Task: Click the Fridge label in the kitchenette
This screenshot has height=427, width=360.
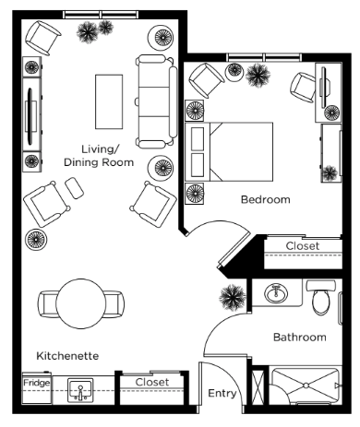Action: (37, 383)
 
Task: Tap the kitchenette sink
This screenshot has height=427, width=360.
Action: (80, 391)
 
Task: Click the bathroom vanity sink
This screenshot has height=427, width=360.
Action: (276, 292)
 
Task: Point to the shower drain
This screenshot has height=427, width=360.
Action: (306, 385)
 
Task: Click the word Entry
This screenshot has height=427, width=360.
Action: (222, 393)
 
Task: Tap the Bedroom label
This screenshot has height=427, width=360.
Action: (265, 199)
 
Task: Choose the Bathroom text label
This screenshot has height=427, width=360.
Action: (300, 338)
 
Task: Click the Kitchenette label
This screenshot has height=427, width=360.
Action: (67, 356)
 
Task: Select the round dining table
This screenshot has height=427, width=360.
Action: (81, 303)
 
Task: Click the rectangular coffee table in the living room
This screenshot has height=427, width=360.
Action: (109, 101)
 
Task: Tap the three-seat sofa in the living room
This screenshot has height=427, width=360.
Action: (156, 101)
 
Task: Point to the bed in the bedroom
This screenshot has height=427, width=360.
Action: (229, 151)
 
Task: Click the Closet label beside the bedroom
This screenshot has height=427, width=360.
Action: (303, 246)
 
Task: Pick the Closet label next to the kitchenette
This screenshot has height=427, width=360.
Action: (152, 382)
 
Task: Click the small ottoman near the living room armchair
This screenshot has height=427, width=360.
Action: (74, 187)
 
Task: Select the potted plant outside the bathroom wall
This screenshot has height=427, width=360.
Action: (233, 298)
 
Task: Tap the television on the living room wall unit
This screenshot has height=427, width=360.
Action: (30, 116)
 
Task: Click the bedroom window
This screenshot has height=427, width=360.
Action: (264, 57)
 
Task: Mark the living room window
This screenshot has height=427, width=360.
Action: (101, 15)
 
